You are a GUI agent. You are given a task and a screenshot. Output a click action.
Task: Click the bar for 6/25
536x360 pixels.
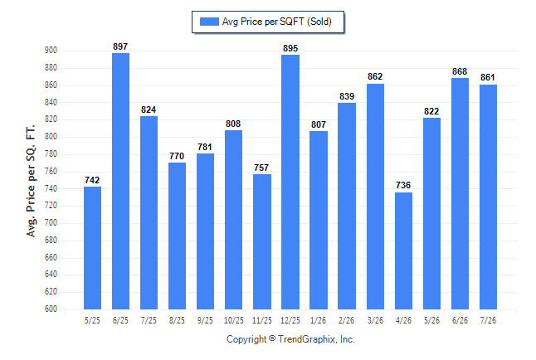coord(120,181)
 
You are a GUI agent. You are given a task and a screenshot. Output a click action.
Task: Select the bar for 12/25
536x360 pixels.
coord(290,182)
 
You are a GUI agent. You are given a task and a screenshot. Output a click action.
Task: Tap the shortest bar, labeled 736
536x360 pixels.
coord(403,251)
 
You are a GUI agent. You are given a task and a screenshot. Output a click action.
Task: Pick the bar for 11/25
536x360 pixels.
coord(262,241)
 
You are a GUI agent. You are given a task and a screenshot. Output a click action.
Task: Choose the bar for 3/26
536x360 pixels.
coord(375,197)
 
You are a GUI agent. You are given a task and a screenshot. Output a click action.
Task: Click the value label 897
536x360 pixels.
coord(120,46)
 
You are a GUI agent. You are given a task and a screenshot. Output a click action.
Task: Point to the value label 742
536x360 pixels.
coord(92,180)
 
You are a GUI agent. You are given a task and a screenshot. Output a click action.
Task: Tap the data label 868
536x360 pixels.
coord(460,71)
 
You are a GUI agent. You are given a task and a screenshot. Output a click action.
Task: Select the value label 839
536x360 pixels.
coord(347,96)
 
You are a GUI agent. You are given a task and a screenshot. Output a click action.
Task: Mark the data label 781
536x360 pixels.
coord(205,147)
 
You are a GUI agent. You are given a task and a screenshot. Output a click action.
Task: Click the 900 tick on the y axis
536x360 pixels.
coord(51,51)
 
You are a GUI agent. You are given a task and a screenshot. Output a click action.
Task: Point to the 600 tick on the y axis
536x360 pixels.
coord(51,309)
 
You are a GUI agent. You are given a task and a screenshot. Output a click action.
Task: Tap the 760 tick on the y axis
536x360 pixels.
coord(51,171)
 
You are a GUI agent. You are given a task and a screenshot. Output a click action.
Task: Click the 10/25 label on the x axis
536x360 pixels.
coord(234,321)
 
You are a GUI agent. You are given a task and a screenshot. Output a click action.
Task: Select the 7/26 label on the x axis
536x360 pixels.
coord(488,321)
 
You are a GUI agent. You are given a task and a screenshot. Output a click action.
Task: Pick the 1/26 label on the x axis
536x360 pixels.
coord(319,321)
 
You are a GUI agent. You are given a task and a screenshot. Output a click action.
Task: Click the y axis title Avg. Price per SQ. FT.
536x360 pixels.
coord(31,181)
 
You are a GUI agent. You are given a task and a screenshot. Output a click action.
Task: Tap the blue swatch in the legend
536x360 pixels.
coord(209,22)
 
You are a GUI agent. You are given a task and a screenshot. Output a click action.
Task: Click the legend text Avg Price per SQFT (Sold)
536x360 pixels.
coord(277,22)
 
